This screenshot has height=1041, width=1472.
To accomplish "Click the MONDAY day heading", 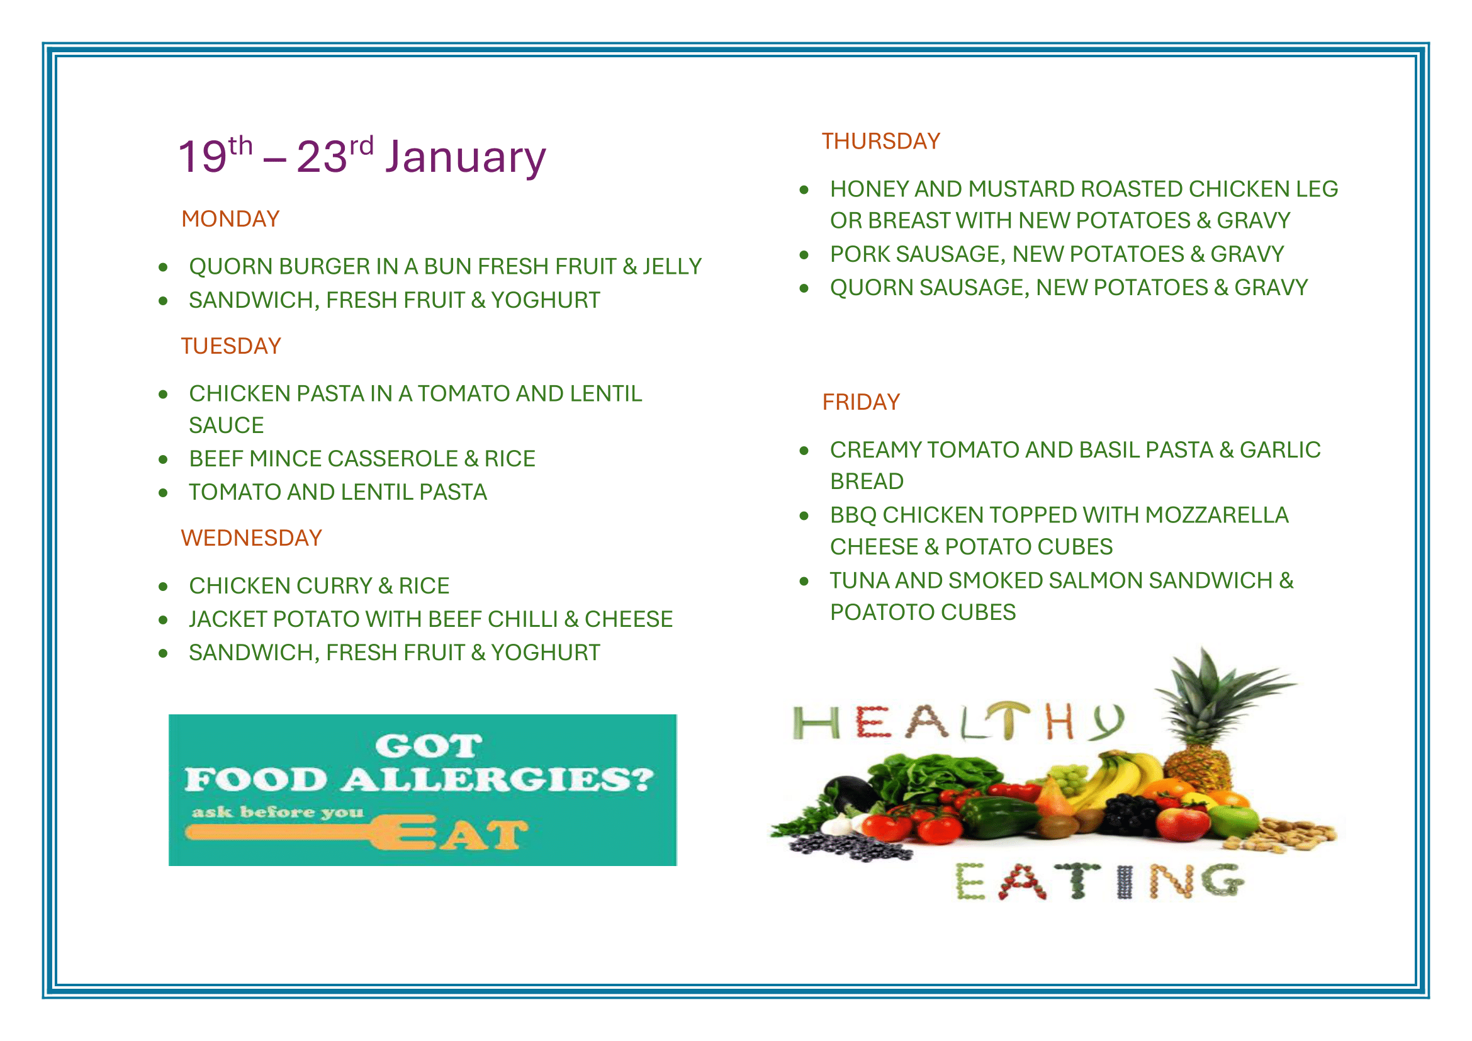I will pyautogui.click(x=230, y=219).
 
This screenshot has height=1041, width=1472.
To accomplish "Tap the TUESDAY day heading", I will pyautogui.click(x=231, y=346).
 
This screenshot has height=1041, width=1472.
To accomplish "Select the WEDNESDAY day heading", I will pyautogui.click(x=251, y=537).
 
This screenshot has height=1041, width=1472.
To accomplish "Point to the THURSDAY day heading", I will pyautogui.click(x=881, y=141).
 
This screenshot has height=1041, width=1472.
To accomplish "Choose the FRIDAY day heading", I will pyautogui.click(x=861, y=402).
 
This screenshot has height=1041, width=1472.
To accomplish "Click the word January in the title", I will pyautogui.click(x=466, y=157).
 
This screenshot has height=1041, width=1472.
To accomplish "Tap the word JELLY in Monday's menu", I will pyautogui.click(x=672, y=267).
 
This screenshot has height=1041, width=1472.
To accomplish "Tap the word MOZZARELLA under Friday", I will pyautogui.click(x=1216, y=515).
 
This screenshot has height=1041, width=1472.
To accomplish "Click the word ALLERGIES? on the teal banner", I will pyautogui.click(x=497, y=779).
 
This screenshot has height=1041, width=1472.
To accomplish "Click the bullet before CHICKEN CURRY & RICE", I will pyautogui.click(x=164, y=587).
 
